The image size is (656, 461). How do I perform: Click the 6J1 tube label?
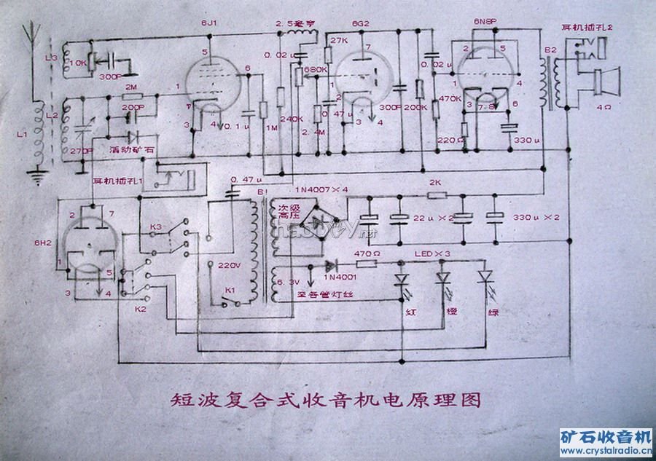click(x=210, y=24)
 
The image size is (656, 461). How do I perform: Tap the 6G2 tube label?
click(x=362, y=24)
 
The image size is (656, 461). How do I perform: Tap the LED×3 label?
click(x=431, y=253)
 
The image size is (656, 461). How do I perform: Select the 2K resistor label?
click(x=436, y=182)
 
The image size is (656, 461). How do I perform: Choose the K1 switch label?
click(x=230, y=290)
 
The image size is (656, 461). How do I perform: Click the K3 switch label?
click(x=155, y=227)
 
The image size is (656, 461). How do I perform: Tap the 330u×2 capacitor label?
click(x=536, y=217)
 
